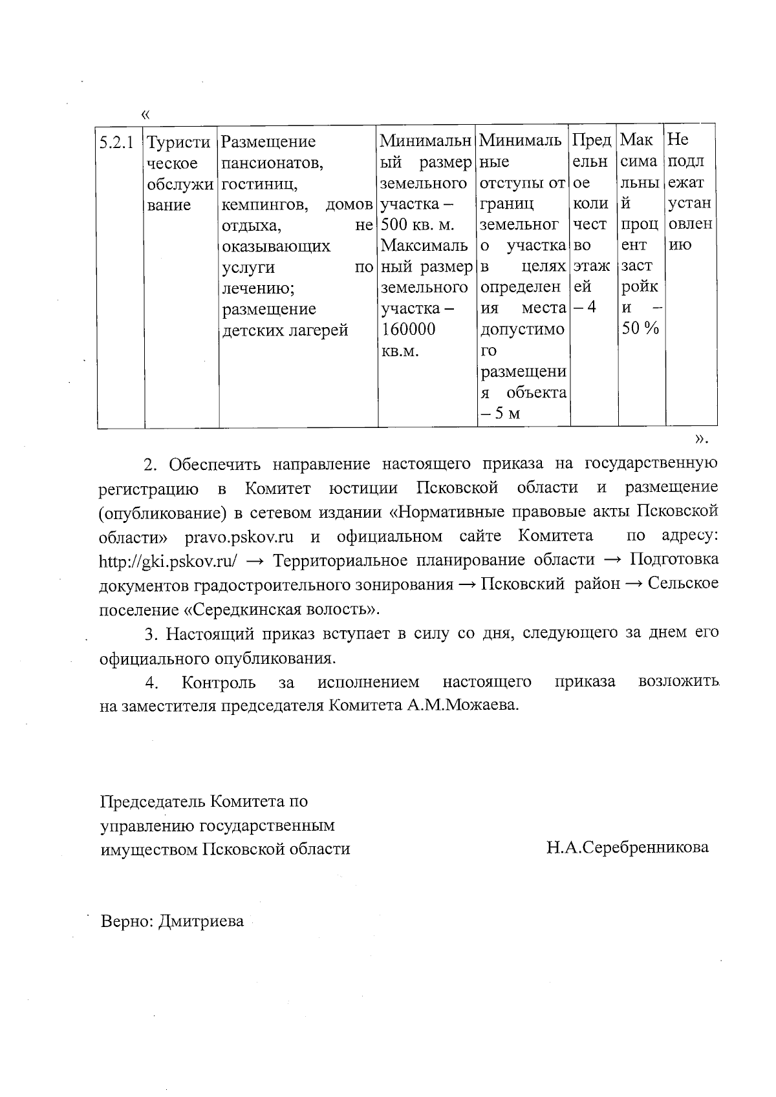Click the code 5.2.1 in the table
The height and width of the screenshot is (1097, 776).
[x=117, y=142]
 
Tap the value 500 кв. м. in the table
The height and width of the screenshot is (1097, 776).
[x=417, y=225]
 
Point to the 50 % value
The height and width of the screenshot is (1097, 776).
[x=640, y=328]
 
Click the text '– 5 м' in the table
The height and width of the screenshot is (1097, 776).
[x=500, y=414]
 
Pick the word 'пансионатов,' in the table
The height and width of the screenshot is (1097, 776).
[x=272, y=163]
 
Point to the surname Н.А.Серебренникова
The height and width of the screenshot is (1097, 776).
[x=627, y=847]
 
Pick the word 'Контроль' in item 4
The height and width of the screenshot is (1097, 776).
[x=218, y=682]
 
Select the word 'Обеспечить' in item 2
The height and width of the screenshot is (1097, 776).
[x=213, y=464]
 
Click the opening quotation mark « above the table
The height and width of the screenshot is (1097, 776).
[x=144, y=115]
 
